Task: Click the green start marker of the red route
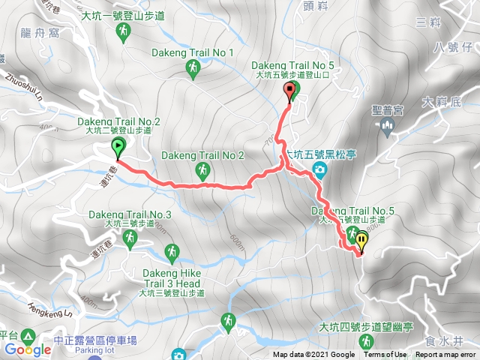(118, 146)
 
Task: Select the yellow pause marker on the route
(362, 241)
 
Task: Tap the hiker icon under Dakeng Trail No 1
(193, 69)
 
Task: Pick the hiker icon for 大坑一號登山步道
(124, 31)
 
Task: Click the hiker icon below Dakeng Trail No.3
(130, 238)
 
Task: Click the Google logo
(28, 349)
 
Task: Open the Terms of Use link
(385, 355)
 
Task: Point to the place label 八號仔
(456, 48)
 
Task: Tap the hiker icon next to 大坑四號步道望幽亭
(366, 342)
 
